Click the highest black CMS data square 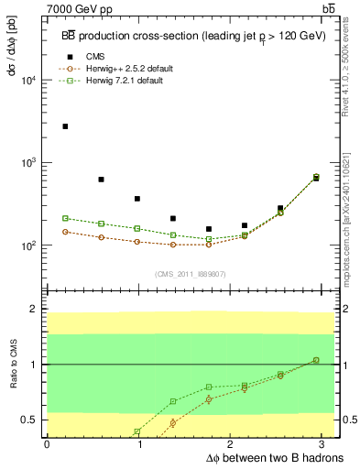(x=65, y=126)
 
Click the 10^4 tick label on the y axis (x=27, y=80)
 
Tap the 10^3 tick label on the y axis (x=27, y=163)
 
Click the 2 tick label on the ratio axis (x=35, y=310)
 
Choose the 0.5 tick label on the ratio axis (x=30, y=420)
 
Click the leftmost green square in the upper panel (x=65, y=218)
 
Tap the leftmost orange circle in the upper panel (x=65, y=232)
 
